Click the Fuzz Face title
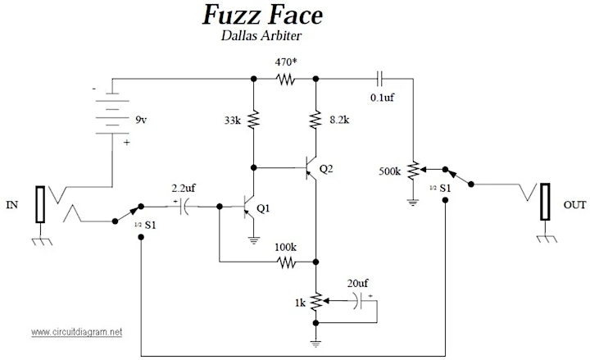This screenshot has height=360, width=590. (262, 15)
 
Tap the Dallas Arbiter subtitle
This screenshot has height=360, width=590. (261, 35)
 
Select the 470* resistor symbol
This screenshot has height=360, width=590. (285, 79)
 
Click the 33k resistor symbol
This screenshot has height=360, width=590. (253, 120)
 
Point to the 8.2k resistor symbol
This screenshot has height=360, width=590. (316, 120)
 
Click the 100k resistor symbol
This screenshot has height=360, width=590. (286, 262)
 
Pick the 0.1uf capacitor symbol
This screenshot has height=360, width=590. (379, 79)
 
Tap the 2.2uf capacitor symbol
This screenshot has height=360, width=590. (184, 207)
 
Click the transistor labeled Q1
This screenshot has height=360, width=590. (248, 207)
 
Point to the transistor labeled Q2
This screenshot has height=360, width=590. (311, 167)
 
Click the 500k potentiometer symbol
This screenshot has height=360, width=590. (415, 171)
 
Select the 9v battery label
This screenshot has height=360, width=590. (141, 120)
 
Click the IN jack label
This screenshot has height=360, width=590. (12, 205)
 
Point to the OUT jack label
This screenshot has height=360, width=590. (574, 205)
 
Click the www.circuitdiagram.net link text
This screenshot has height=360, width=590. (77, 332)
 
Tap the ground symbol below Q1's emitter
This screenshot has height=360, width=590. (254, 240)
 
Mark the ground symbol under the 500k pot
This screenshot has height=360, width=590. (413, 203)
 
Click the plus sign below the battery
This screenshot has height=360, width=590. (127, 143)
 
